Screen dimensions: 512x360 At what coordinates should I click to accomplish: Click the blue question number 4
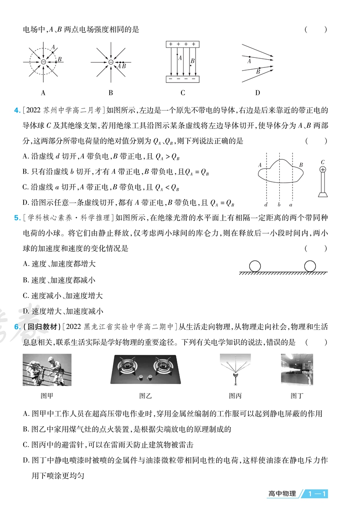point(17,110)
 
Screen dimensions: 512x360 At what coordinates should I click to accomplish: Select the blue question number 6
point(17,326)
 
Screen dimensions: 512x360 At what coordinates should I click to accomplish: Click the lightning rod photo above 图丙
point(235,369)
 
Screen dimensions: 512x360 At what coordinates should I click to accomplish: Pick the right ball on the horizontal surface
point(310,266)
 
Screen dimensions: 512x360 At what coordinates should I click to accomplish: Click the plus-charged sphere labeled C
point(323,170)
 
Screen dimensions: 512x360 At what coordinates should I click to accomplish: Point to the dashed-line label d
point(267,205)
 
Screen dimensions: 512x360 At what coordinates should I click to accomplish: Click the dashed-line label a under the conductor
point(291,205)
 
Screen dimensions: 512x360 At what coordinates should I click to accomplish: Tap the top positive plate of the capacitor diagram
point(182,44)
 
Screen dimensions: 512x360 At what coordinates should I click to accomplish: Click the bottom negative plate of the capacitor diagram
point(182,79)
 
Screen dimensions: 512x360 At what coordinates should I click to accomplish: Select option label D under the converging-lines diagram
point(257,93)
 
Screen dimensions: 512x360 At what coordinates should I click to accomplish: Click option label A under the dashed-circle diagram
point(43,93)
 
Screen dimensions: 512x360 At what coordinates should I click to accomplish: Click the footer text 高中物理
point(282,494)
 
